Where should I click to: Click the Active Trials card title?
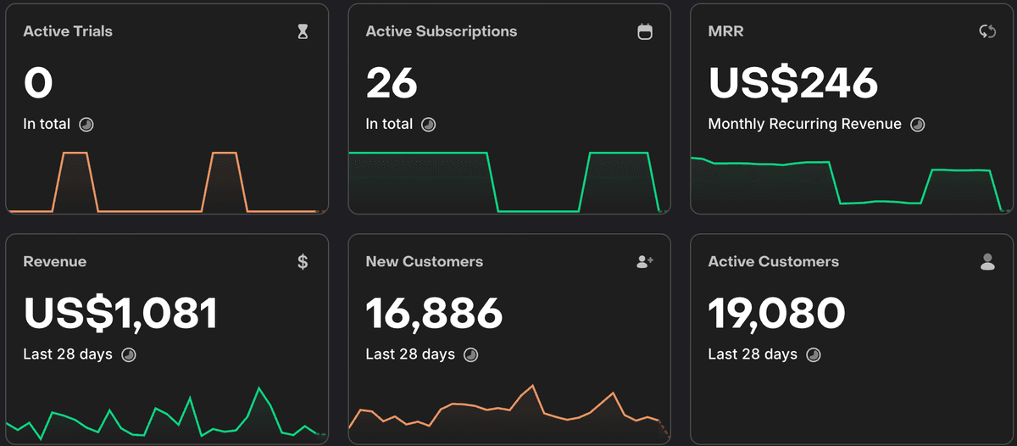[68, 31]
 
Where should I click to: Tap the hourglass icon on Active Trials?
[303, 32]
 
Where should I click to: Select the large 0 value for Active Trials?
[38, 83]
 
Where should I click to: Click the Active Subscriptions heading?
[441, 31]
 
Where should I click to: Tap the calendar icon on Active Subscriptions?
[645, 32]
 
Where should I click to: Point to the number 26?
[392, 83]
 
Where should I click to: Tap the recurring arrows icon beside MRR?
[987, 32]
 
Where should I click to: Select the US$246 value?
[792, 83]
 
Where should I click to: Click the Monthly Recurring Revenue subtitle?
[804, 124]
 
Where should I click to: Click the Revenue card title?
[54, 262]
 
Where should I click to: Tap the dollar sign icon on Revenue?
[303, 262]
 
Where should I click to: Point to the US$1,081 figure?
[120, 313]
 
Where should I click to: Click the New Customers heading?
[424, 262]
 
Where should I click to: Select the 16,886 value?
[434, 313]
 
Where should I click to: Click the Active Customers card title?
[773, 262]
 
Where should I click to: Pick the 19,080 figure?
[776, 313]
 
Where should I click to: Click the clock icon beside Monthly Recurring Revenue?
[917, 125]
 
